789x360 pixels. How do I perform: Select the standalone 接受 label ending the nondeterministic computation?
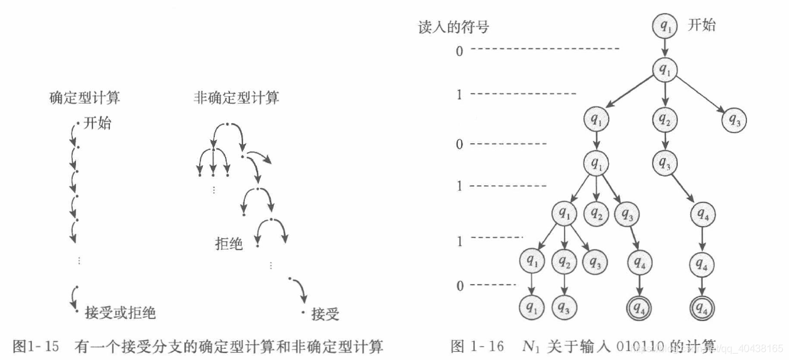click(x=325, y=314)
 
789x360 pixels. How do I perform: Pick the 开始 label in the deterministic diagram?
click(x=97, y=123)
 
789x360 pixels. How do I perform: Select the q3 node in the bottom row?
click(x=565, y=307)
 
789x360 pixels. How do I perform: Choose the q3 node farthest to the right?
click(x=733, y=119)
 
